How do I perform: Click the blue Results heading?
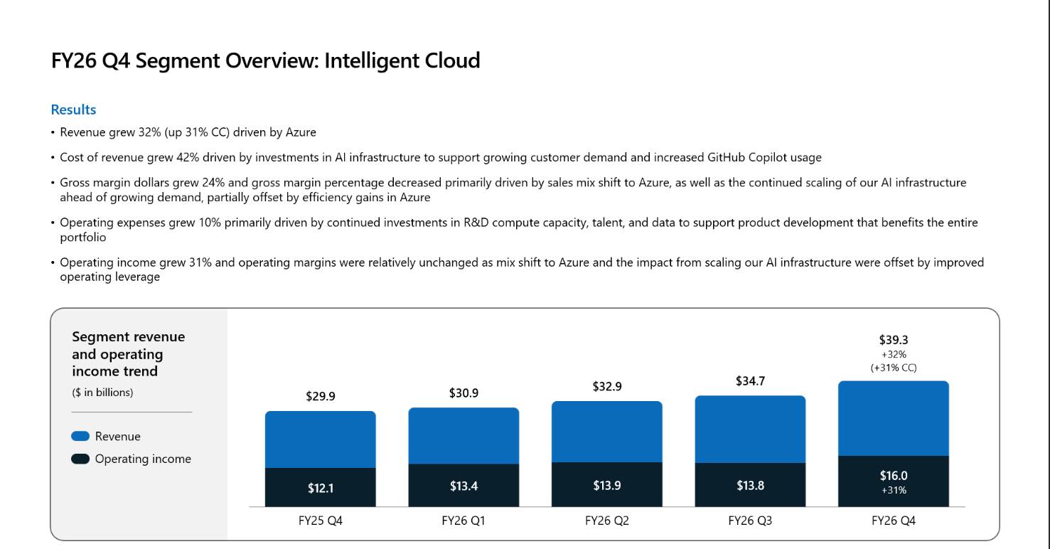pyautogui.click(x=73, y=110)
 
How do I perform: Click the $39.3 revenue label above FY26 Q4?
pyautogui.click(x=894, y=340)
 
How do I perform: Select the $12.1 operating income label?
pyautogui.click(x=321, y=488)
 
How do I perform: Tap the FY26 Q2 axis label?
pyautogui.click(x=607, y=521)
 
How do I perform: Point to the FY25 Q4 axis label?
pyautogui.click(x=321, y=521)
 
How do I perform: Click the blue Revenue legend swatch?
pyautogui.click(x=80, y=437)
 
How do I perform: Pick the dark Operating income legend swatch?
pyautogui.click(x=80, y=459)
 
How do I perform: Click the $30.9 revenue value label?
pyautogui.click(x=464, y=393)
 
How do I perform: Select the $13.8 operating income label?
pyautogui.click(x=750, y=485)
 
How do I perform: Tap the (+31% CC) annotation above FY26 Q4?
pyautogui.click(x=894, y=368)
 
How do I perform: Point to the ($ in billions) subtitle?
pyautogui.click(x=102, y=393)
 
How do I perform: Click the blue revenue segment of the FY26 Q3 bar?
pyautogui.click(x=750, y=430)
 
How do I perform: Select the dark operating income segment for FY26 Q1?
pyautogui.click(x=464, y=485)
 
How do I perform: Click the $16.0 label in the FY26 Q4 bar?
pyautogui.click(x=894, y=475)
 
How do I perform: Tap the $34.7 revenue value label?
pyautogui.click(x=750, y=381)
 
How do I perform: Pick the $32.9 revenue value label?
pyautogui.click(x=607, y=386)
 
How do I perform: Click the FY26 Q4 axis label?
pyautogui.click(x=894, y=521)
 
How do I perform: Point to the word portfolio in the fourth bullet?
pyautogui.click(x=83, y=238)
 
